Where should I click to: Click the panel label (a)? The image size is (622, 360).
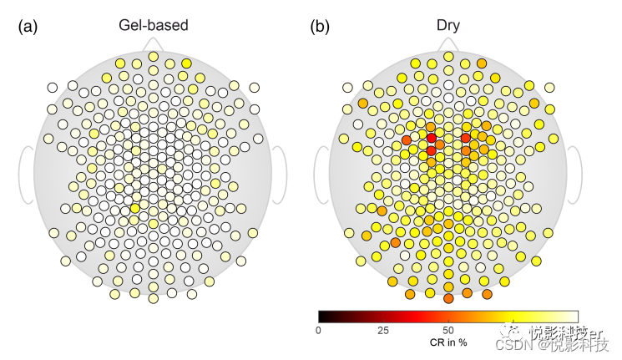28,27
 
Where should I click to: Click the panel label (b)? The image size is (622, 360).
320,27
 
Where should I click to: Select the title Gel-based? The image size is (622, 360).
153,25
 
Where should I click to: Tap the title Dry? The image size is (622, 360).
448,25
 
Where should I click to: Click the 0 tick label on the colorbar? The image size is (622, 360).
318,331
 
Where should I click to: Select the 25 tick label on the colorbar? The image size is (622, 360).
383,331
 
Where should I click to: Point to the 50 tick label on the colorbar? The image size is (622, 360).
448,331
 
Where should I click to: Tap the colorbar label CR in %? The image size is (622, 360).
448,342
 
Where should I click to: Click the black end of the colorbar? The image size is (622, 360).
322,316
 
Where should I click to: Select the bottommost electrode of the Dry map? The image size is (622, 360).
448,297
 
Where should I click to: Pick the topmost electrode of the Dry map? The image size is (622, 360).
448,57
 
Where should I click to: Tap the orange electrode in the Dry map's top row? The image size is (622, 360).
482,63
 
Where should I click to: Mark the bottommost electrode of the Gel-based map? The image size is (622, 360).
153,297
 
